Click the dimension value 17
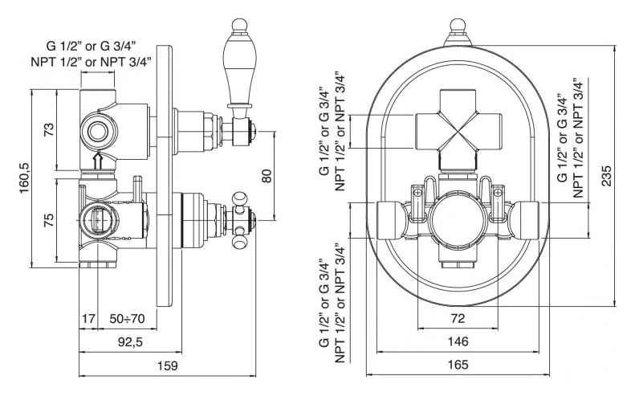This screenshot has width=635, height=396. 89,319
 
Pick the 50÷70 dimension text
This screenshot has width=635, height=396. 127,319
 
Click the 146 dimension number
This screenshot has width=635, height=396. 458,341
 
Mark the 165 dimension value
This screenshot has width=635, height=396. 458,365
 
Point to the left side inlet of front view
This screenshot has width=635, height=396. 390,219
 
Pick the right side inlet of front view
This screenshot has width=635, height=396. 525,219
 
